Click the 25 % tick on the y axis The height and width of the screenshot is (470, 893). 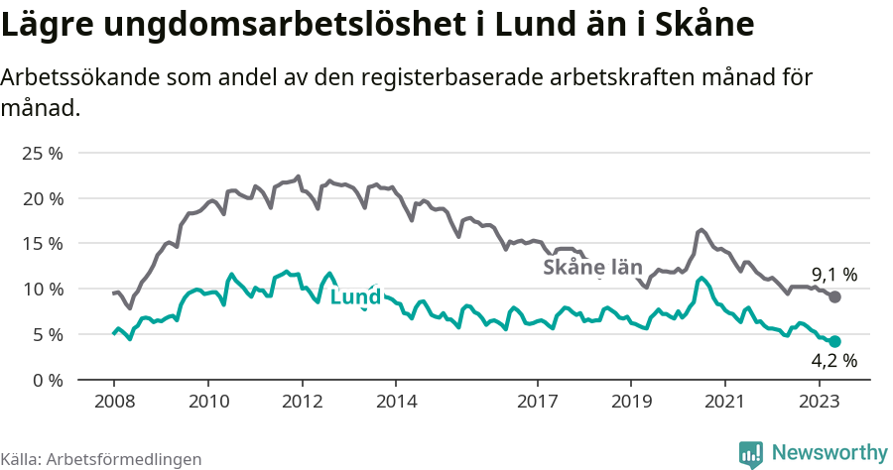click(x=42, y=154)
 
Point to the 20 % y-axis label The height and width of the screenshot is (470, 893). click(x=42, y=198)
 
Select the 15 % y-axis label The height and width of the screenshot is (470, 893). click(x=42, y=244)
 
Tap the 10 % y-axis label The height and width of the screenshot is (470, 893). click(x=42, y=290)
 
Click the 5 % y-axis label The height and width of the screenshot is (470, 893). click(x=47, y=335)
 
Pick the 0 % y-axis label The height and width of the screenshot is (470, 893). click(x=47, y=380)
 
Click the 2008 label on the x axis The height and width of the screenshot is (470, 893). click(x=113, y=402)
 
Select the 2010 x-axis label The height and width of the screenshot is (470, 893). click(x=207, y=402)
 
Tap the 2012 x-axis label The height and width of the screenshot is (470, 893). click(x=302, y=402)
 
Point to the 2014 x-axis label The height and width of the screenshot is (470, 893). click(x=395, y=402)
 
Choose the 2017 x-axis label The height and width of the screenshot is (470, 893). click(x=537, y=402)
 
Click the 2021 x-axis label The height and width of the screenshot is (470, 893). click(x=724, y=402)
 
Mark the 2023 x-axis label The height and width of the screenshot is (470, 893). click(x=819, y=402)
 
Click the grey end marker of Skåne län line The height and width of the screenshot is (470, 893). click(x=835, y=297)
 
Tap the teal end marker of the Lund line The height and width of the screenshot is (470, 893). click(x=835, y=341)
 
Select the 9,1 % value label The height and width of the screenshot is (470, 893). click(x=834, y=275)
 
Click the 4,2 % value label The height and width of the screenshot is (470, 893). click(x=834, y=363)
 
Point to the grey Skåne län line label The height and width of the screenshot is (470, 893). click(x=592, y=268)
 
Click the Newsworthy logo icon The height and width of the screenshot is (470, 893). click(x=751, y=453)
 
